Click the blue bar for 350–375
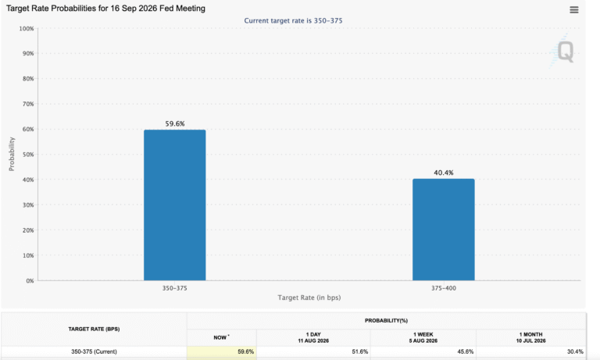pyautogui.click(x=174, y=205)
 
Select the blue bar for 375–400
pyautogui.click(x=444, y=230)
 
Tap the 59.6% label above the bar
pyautogui.click(x=175, y=123)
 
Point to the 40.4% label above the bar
pyautogui.click(x=444, y=173)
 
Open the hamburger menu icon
pyautogui.click(x=574, y=10)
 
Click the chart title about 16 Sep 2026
pyautogui.click(x=105, y=9)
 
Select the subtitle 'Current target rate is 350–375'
pyautogui.click(x=293, y=20)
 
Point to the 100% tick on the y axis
pyautogui.click(x=27, y=29)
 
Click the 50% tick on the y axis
pyautogui.click(x=28, y=155)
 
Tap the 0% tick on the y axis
pyautogui.click(x=30, y=281)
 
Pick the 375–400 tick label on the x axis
pyautogui.click(x=444, y=288)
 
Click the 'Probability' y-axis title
pyautogui.click(x=12, y=154)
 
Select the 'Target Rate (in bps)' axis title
pyautogui.click(x=309, y=298)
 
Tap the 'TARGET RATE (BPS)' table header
pyautogui.click(x=94, y=329)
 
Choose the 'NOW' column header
pyautogui.click(x=221, y=337)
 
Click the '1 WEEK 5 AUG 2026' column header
pyautogui.click(x=423, y=337)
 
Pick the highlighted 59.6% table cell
pyautogui.click(x=222, y=351)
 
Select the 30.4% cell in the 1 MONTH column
pyautogui.click(x=575, y=351)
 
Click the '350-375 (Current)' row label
pyautogui.click(x=94, y=351)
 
